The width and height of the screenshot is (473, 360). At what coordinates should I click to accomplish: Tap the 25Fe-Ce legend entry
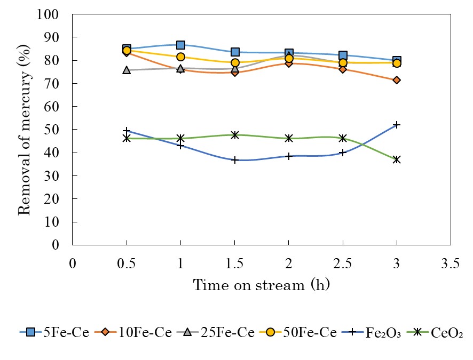210,333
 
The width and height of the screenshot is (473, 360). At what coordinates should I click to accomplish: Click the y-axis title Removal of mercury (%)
25,130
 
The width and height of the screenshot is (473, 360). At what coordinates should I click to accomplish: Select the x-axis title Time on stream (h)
261,285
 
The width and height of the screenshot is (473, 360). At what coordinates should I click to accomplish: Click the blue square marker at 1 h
180,45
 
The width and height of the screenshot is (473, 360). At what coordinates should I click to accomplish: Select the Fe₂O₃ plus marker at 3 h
397,125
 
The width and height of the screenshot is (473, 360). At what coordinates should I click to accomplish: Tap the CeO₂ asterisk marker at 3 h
397,159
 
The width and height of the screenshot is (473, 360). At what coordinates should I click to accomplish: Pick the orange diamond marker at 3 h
397,80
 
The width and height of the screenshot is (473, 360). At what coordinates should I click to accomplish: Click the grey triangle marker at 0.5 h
127,70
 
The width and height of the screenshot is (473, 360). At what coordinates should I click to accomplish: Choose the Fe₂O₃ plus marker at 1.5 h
234,160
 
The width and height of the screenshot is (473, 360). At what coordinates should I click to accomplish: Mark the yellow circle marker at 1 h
180,57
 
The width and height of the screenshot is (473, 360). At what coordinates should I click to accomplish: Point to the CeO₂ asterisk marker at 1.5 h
234,135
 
